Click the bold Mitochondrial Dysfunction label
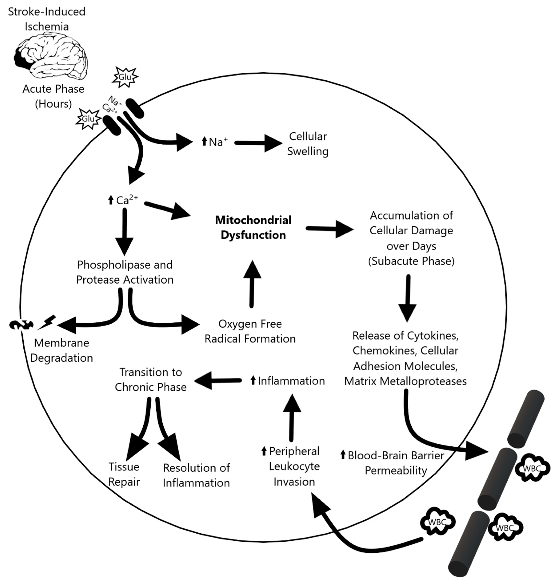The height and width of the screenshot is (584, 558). pos(253,228)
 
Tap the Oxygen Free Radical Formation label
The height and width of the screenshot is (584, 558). pos(250,331)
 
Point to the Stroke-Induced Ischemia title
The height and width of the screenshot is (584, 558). pos(47,19)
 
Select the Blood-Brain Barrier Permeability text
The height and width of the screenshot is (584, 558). pos(396,463)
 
